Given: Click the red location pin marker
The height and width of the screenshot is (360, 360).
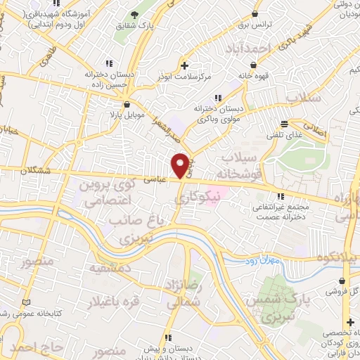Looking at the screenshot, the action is click(x=181, y=165).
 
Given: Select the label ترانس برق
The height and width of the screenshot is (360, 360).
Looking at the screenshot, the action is click(x=255, y=24).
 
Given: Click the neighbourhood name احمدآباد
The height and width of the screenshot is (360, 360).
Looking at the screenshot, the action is click(x=248, y=48).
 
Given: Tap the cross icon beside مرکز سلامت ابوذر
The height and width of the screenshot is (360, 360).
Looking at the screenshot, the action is click(x=184, y=65).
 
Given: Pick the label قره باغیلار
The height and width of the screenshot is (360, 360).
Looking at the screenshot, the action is click(x=113, y=302).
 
